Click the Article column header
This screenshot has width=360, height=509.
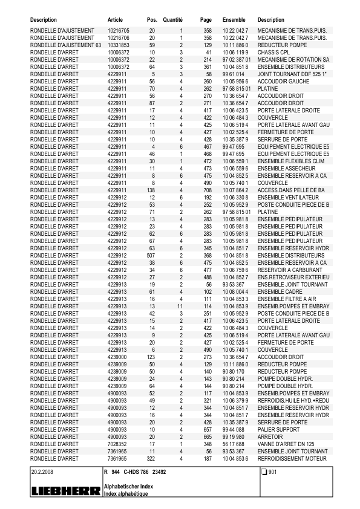[x=115, y=20]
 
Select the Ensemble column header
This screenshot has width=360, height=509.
[x=234, y=20]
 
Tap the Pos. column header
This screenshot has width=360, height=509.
[x=152, y=20]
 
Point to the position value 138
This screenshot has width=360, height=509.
[x=151, y=190]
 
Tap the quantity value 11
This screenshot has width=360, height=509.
[x=180, y=306]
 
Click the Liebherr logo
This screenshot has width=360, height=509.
[x=65, y=492]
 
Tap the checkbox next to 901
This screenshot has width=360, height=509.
[x=264, y=472]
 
